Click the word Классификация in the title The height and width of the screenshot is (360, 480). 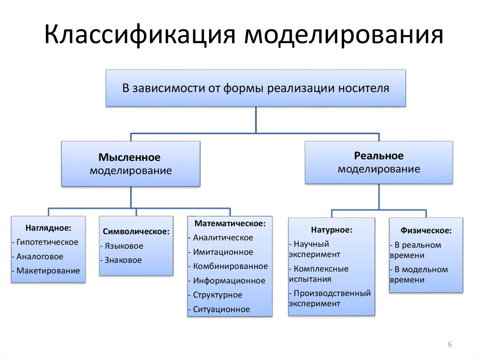(x=140, y=34)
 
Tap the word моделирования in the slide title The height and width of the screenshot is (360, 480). (x=344, y=34)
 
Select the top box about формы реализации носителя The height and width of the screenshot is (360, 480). (x=255, y=88)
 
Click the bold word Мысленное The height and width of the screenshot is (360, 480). (x=129, y=157)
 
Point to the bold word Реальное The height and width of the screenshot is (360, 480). (x=379, y=156)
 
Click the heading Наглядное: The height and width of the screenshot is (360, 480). (x=48, y=228)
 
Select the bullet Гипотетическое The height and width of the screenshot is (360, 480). (x=47, y=242)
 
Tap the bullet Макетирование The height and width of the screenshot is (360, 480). (x=48, y=271)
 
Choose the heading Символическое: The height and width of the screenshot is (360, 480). (x=136, y=231)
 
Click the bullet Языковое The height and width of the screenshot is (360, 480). (x=124, y=246)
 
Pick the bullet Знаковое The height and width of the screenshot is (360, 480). (x=123, y=260)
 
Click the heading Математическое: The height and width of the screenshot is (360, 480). (x=230, y=223)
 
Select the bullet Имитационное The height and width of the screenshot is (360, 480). (x=223, y=252)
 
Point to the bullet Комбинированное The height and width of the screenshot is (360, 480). (x=231, y=267)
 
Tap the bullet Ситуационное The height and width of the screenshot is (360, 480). (x=221, y=309)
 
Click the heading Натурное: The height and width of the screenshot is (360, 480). (x=331, y=230)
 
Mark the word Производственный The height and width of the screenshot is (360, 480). (x=332, y=293)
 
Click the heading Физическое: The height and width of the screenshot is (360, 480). (x=426, y=230)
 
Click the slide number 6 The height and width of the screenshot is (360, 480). (x=450, y=344)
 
